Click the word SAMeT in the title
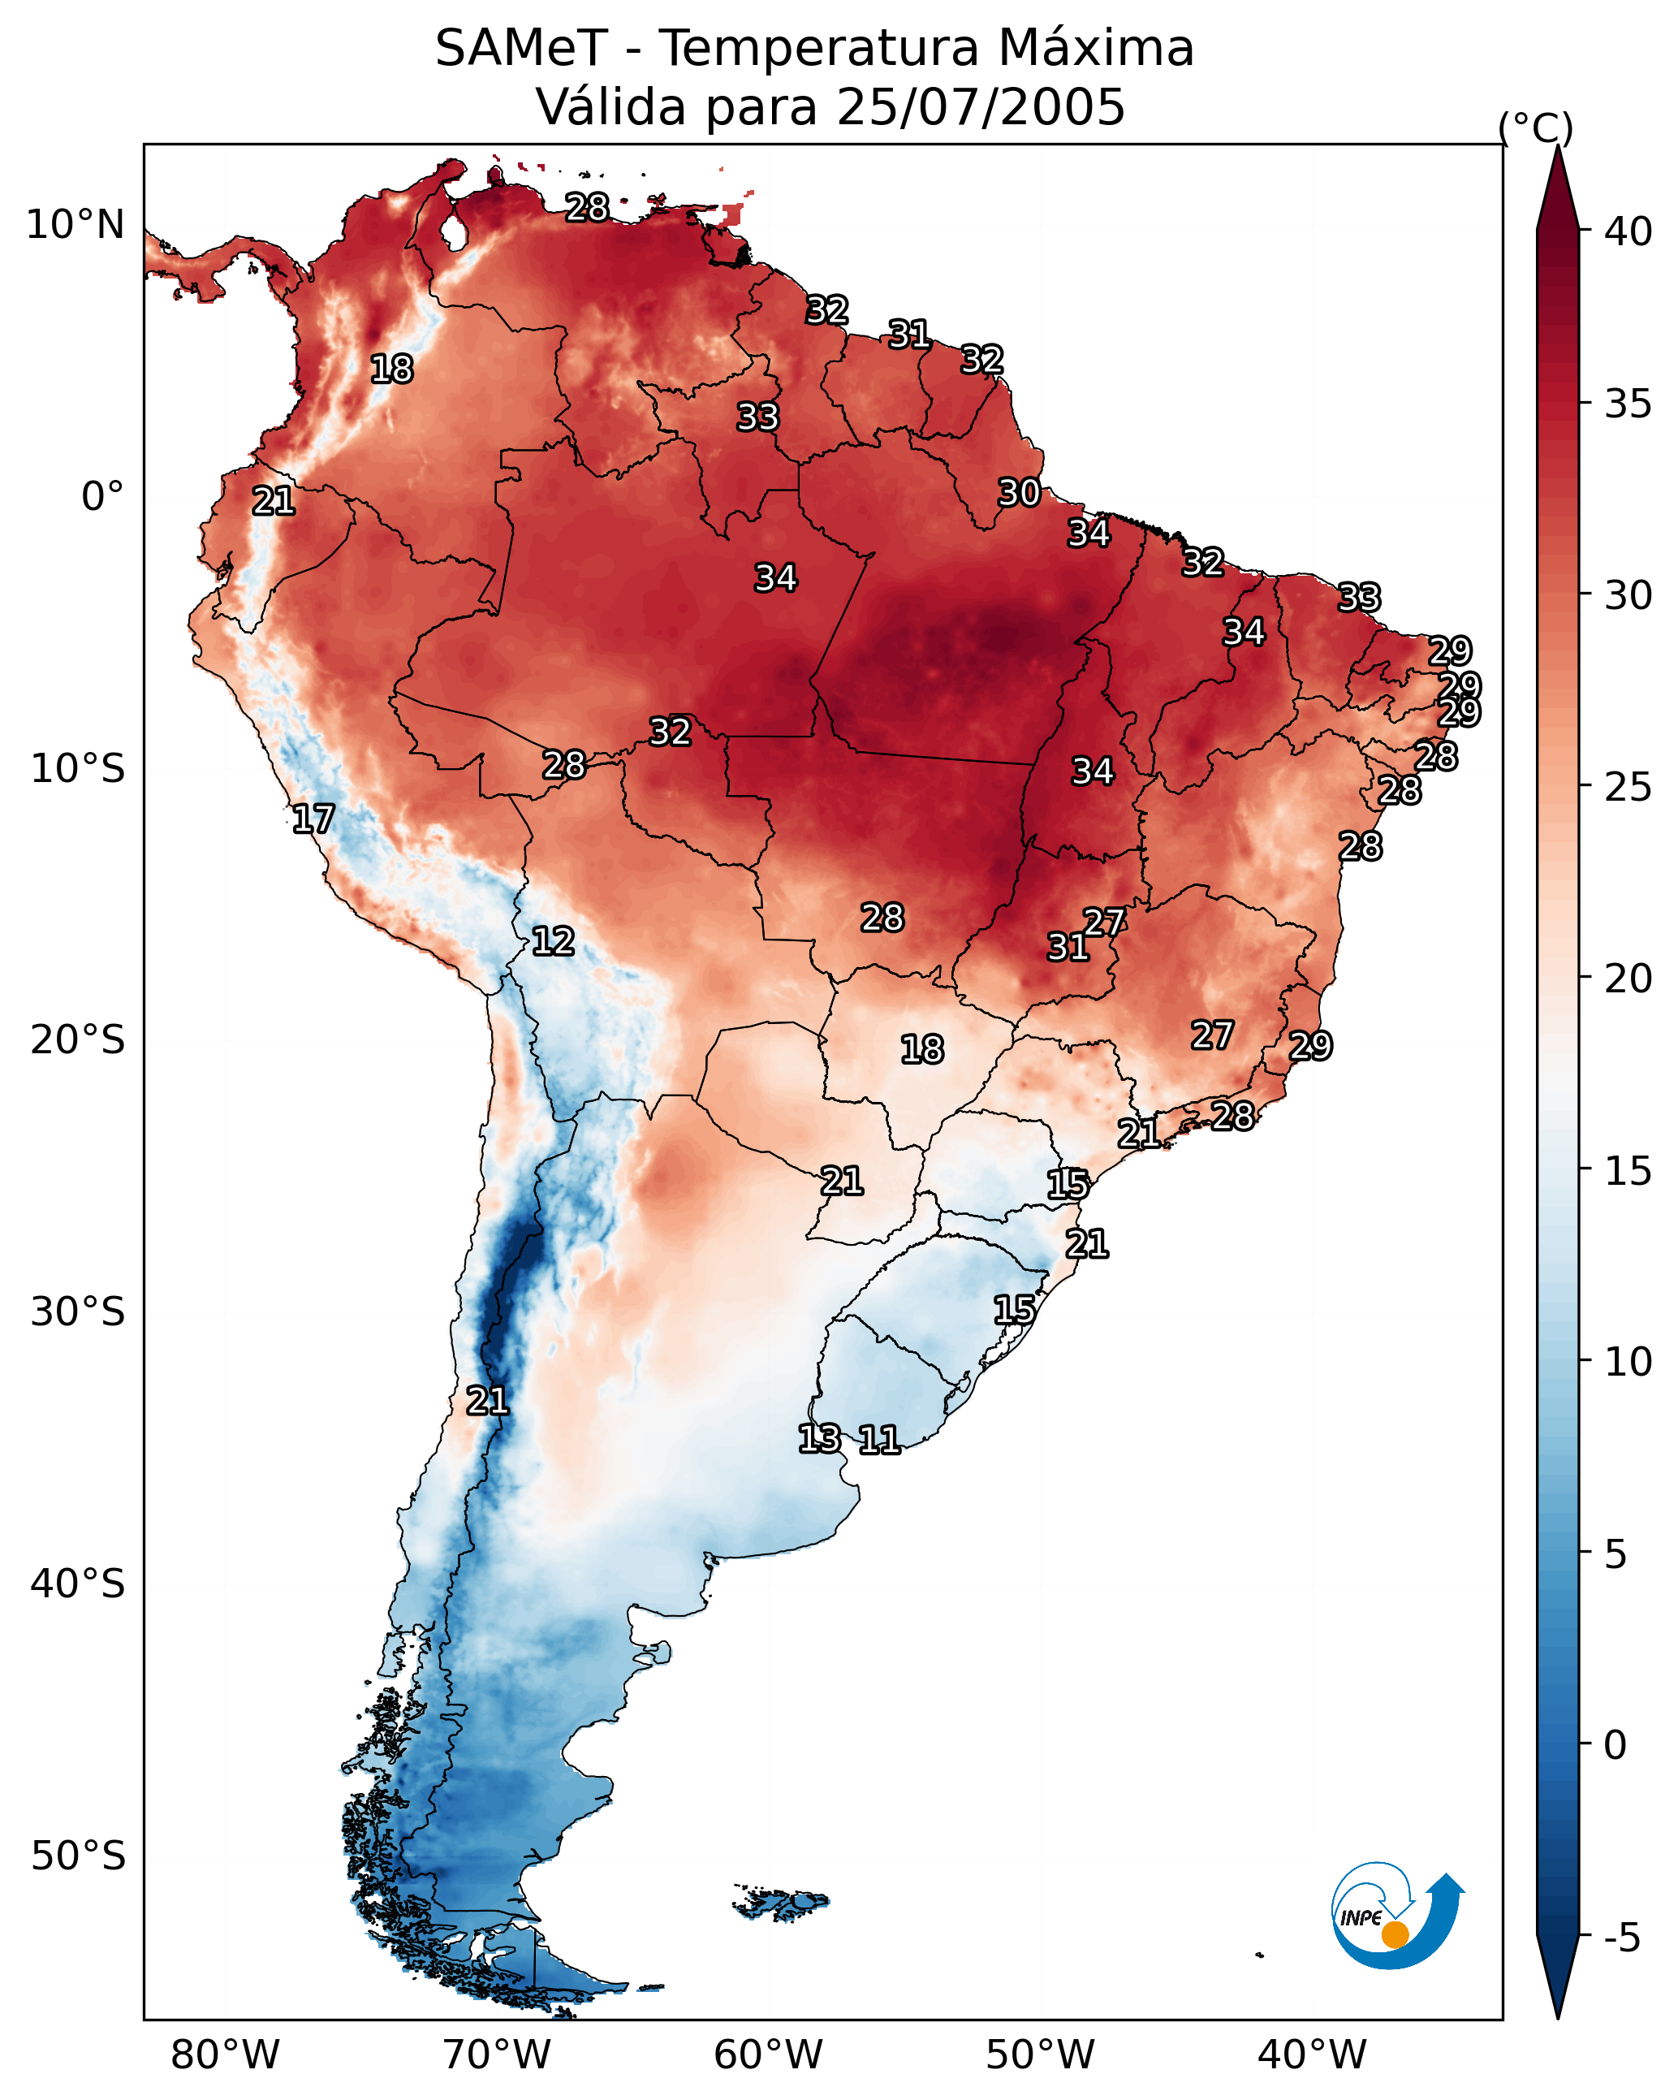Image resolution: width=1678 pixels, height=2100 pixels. [521, 49]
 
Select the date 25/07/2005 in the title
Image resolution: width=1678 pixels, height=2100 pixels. [980, 107]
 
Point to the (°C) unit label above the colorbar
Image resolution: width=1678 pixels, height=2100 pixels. [1535, 128]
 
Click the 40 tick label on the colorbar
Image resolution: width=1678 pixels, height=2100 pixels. [1628, 231]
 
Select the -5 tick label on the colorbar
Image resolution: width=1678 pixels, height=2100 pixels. [1623, 1938]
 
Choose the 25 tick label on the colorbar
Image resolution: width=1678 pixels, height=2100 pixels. [1628, 787]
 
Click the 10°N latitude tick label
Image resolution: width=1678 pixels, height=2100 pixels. [75, 225]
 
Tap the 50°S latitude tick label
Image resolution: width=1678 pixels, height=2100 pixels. [78, 1856]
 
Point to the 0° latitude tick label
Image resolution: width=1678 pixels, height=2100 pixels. [103, 497]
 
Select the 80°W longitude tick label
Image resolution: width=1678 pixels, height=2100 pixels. [225, 2055]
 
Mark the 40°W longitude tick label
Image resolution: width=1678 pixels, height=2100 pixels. [1312, 2055]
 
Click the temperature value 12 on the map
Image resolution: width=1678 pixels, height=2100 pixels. [553, 941]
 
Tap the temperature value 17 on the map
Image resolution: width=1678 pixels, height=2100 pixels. [313, 819]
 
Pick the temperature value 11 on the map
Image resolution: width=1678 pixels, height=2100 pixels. [879, 1440]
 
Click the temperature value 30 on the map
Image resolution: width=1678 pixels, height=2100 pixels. [1020, 493]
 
